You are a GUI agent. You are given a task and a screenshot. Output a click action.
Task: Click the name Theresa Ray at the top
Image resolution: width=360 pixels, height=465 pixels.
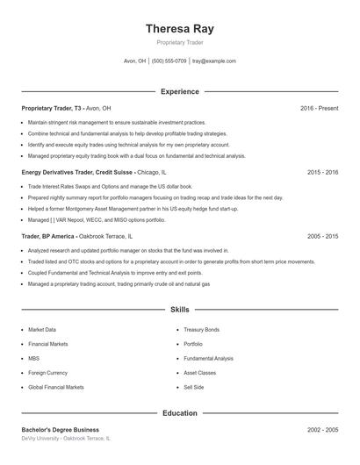[179, 29]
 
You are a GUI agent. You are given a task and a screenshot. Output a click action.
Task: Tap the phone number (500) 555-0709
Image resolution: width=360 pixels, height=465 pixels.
[169, 61]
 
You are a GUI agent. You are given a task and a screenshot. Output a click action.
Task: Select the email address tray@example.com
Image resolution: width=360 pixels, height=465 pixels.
[214, 61]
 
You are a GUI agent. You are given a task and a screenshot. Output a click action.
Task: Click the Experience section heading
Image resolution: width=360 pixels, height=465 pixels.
[179, 91]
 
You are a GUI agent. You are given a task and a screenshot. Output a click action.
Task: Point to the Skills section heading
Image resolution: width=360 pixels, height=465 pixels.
[179, 310]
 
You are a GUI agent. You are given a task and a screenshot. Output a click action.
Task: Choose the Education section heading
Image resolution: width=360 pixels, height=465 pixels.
[179, 412]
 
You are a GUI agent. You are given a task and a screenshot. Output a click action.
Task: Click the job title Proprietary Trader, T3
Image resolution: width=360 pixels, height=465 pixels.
[52, 108]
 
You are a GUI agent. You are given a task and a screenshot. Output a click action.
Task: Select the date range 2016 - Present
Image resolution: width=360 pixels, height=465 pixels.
[319, 108]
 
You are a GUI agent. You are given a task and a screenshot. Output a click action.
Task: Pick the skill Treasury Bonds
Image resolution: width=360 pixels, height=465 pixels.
[201, 330]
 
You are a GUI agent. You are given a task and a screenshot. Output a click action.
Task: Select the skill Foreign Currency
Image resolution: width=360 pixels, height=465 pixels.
[49, 373]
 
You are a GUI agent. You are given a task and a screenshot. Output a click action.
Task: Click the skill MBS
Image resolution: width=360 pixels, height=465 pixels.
[33, 358]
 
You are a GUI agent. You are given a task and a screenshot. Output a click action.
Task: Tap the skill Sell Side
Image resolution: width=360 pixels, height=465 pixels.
[193, 387]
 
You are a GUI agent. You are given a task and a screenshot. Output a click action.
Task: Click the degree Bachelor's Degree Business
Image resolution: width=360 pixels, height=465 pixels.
[60, 429]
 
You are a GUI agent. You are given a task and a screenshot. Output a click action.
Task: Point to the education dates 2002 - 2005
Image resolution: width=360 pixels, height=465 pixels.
[322, 429]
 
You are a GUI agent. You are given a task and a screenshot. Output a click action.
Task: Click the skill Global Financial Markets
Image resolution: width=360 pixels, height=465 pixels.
[56, 387]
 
